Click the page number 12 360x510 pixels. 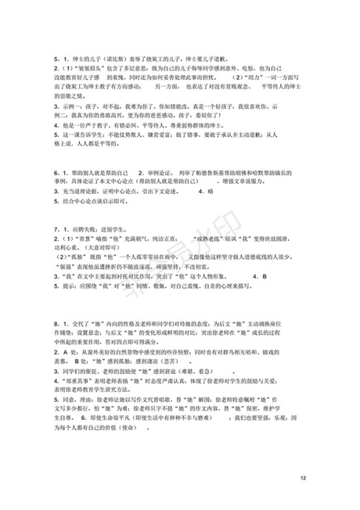[303, 478]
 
